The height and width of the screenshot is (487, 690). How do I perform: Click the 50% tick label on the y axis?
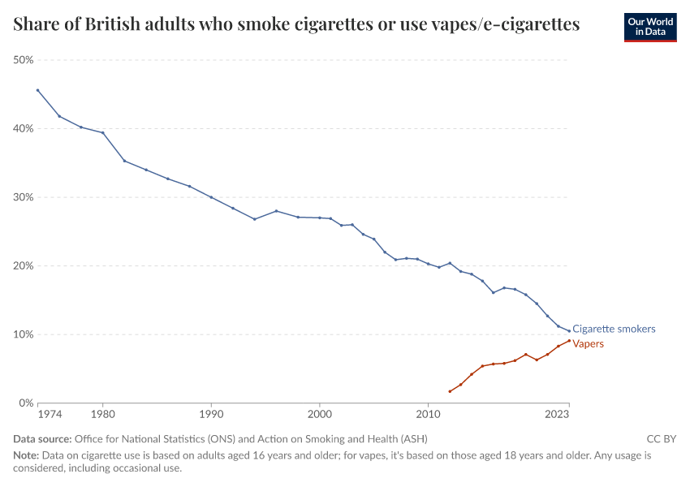[x=24, y=60]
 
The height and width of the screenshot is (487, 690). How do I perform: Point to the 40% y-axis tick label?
[x=24, y=128]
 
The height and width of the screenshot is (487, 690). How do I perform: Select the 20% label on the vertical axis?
[x=24, y=265]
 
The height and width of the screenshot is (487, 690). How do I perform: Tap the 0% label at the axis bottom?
[x=27, y=403]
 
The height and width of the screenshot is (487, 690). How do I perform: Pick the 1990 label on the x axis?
[x=211, y=415]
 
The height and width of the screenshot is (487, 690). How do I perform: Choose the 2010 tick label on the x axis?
[x=428, y=415]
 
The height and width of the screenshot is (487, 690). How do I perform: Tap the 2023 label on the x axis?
[x=557, y=415]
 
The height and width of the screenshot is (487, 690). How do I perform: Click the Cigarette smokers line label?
[x=614, y=329]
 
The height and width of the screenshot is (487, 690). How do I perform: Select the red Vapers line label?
[x=589, y=343]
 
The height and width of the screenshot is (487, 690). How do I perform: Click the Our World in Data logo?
[x=650, y=27]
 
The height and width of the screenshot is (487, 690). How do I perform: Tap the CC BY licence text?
[x=661, y=438]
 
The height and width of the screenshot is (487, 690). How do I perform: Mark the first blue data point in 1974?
[x=37, y=90]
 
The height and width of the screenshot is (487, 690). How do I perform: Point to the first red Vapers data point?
[x=450, y=391]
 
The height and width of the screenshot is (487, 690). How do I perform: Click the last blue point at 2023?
[x=569, y=330]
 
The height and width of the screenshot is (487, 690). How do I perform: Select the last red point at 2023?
[x=569, y=341]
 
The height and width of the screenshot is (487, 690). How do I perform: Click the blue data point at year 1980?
[x=102, y=132]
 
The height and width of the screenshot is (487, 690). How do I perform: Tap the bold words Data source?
[x=41, y=438]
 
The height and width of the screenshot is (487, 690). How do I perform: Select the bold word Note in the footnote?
[x=26, y=455]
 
